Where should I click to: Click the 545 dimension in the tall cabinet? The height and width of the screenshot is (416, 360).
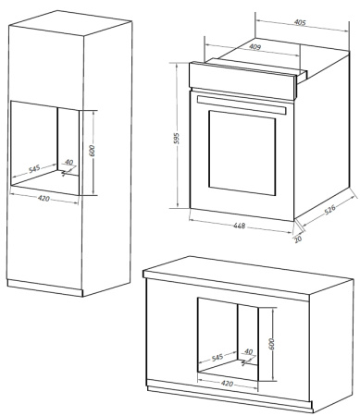click(x=33, y=169)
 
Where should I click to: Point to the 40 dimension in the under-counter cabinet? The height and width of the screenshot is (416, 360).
click(x=247, y=351)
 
